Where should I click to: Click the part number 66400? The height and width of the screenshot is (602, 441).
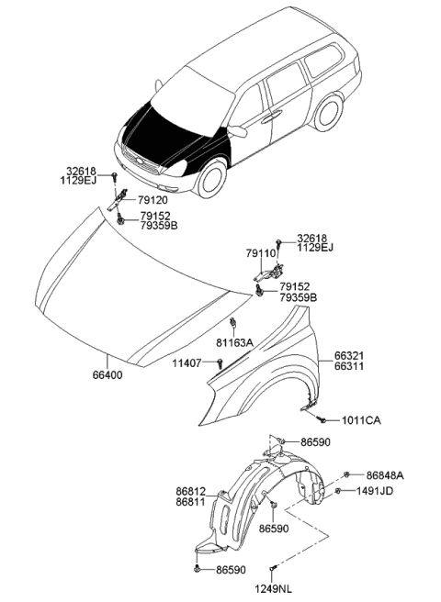coord(106,375)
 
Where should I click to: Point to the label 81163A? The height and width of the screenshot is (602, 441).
coord(235,342)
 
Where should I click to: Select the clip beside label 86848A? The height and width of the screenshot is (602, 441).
coord(347,474)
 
